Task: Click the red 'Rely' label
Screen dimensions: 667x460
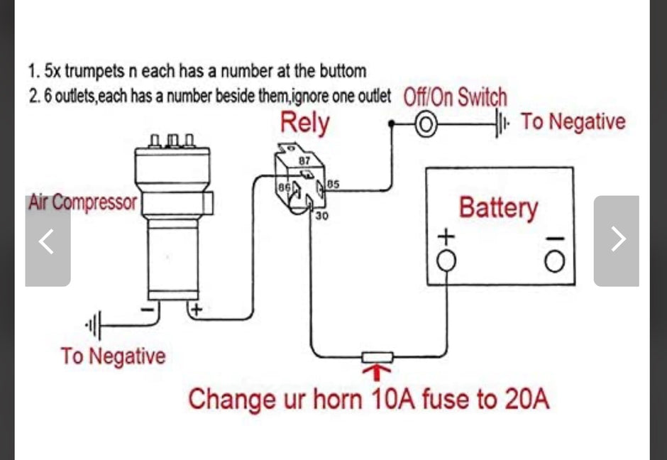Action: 304,123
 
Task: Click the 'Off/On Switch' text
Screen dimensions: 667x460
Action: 455,97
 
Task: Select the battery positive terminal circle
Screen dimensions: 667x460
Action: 446,261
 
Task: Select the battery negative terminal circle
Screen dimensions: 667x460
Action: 555,261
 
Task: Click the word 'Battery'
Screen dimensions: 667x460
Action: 499,208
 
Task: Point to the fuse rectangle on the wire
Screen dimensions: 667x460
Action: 377,357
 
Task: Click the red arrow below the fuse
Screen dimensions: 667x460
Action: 376,373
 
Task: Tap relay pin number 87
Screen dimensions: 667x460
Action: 304,161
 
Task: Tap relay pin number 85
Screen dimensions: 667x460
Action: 333,185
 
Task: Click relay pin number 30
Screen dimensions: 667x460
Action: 321,216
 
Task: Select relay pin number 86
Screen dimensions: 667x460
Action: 283,187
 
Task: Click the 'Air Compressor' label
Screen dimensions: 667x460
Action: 82,202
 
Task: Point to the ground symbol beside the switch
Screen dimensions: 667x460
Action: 502,124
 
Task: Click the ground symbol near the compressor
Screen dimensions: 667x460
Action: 94,326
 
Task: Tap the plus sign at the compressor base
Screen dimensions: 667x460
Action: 196,310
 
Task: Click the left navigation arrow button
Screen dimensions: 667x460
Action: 48,241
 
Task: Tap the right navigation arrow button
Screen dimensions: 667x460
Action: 617,241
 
